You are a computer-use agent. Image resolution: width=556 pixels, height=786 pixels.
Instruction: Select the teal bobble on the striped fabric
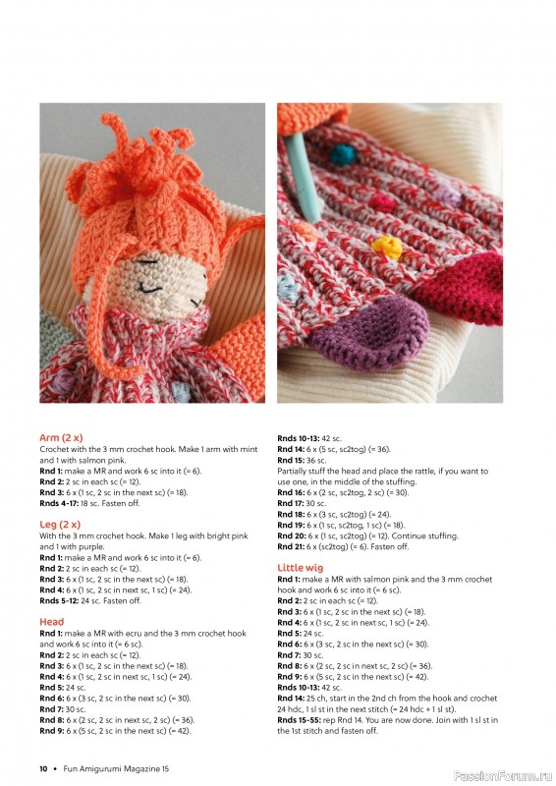pos(346,156)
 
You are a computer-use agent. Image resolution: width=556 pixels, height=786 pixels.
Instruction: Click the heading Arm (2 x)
pos(61,437)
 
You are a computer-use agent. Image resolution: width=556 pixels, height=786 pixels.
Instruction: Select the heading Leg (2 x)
pos(60,524)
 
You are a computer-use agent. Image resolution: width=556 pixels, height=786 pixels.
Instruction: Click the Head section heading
pos(52,622)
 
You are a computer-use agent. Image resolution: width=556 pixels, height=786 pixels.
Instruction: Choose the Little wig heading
pos(302,568)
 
